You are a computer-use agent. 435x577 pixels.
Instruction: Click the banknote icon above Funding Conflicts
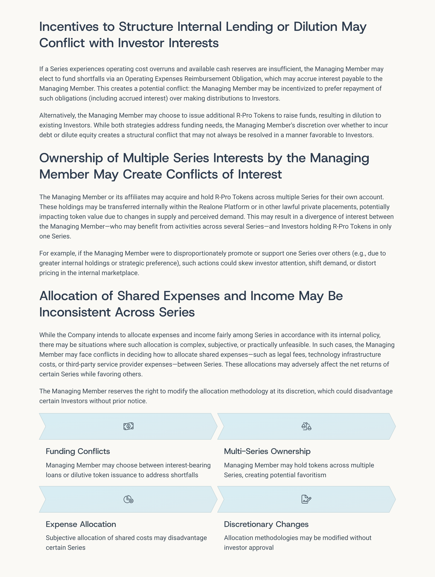[128, 426]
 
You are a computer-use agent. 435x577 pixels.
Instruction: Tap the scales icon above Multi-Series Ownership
[306, 426]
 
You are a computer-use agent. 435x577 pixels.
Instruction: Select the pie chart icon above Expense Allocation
[128, 499]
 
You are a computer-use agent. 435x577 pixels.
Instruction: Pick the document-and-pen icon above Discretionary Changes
[306, 499]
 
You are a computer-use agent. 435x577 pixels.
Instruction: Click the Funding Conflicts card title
[78, 451]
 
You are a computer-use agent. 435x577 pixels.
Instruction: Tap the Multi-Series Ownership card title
[267, 451]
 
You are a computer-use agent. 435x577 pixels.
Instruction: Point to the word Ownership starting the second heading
[71, 158]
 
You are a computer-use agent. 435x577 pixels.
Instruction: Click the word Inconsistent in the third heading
[75, 312]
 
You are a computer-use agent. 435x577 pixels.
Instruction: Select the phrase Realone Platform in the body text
[224, 207]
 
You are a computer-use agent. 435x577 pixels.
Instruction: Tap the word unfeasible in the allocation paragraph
[294, 345]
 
